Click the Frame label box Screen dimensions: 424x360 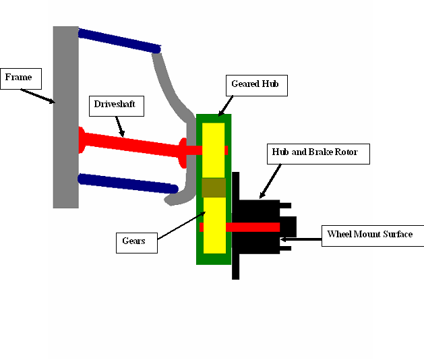[x=21, y=79]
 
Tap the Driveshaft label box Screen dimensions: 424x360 [x=117, y=106]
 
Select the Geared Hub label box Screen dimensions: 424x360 [x=257, y=86]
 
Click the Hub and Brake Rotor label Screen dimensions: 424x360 [x=318, y=154]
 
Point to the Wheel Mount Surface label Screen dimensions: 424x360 [x=373, y=236]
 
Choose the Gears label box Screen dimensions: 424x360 [x=137, y=243]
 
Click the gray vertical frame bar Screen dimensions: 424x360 [x=65, y=117]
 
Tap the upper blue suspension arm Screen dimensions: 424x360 [x=119, y=41]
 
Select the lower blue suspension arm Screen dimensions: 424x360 [x=127, y=183]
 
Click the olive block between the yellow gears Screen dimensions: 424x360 [x=214, y=187]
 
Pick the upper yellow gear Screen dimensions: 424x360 [x=214, y=150]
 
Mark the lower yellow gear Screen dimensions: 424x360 [x=214, y=225]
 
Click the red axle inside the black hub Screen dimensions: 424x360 [x=239, y=227]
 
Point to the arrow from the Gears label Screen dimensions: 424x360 [x=182, y=225]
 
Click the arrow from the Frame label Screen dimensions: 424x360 [x=38, y=96]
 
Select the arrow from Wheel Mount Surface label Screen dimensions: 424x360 [x=301, y=239]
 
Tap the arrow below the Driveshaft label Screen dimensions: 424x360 [x=120, y=127]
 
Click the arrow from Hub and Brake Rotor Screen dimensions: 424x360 [x=270, y=181]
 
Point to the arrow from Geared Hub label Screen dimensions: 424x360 [x=226, y=106]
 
